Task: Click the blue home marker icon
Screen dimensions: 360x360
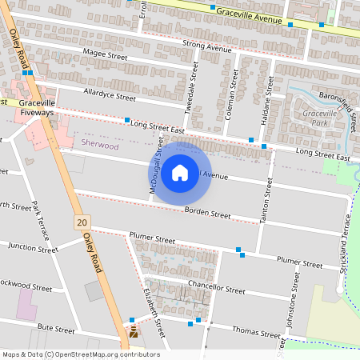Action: coord(180,172)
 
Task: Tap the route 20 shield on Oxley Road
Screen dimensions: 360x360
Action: coord(82,220)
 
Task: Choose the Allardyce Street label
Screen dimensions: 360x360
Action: coord(110,95)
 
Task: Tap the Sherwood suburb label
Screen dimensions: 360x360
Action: coord(100,146)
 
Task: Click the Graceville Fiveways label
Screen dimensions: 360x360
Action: coord(37,108)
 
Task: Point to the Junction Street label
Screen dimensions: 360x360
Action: coord(33,249)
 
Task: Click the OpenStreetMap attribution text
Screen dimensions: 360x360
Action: coord(80,354)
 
